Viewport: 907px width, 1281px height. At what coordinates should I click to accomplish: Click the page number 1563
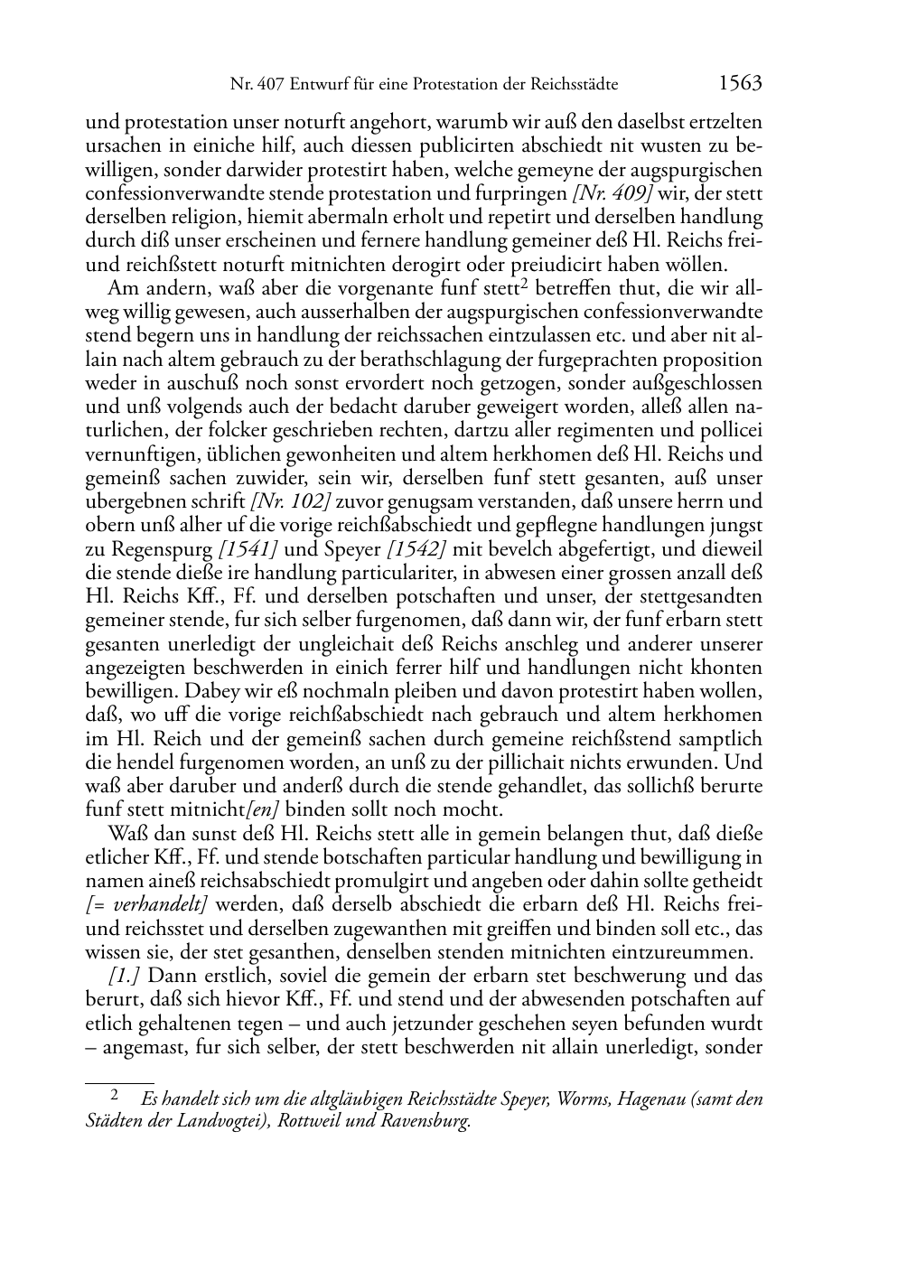click(x=740, y=84)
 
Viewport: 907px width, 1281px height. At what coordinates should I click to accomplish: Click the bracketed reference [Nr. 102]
click(x=289, y=501)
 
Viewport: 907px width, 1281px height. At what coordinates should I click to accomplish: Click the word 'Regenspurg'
click(x=159, y=549)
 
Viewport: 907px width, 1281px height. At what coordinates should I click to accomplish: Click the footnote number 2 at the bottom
click(x=115, y=1096)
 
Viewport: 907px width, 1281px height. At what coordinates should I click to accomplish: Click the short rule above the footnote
click(x=119, y=1081)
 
